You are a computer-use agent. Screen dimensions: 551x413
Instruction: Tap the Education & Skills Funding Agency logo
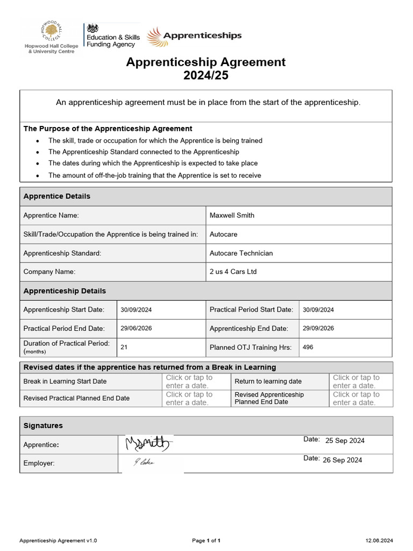[112, 37]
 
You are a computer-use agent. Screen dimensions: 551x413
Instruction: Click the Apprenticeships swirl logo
[194, 36]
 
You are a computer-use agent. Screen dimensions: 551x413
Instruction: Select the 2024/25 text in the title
[206, 75]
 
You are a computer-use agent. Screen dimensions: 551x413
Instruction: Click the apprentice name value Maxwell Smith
[232, 215]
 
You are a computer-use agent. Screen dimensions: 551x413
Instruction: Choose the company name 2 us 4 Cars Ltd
[233, 272]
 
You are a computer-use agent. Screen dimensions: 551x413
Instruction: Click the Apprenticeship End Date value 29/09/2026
[318, 328]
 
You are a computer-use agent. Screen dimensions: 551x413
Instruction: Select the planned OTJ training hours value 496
[308, 347]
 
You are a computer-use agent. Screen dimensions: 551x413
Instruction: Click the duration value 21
[124, 347]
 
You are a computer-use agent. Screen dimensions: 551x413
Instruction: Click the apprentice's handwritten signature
[147, 444]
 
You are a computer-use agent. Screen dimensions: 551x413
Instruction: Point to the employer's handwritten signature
[144, 461]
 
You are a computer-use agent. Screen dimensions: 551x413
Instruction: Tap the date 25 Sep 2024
[345, 441]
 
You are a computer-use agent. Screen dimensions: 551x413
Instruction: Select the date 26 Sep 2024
[342, 460]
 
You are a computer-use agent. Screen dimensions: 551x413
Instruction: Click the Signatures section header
[43, 426]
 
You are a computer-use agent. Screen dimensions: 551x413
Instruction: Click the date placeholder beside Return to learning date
[356, 382]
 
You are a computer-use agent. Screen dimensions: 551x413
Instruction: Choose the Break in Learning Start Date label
[65, 382]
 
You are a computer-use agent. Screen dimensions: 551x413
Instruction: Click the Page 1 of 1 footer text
[206, 540]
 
